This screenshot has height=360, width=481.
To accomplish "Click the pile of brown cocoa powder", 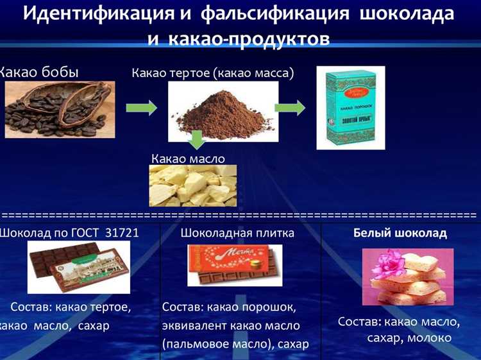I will coord(222,110).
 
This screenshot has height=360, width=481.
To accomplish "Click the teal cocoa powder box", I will coord(351,109).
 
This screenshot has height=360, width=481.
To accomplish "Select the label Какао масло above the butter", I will coord(189,158).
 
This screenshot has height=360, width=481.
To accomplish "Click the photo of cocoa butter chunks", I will coord(192,185).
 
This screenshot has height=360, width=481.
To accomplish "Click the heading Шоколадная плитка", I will coord(237,233).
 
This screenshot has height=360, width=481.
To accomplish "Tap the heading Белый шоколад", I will coord(400,233).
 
